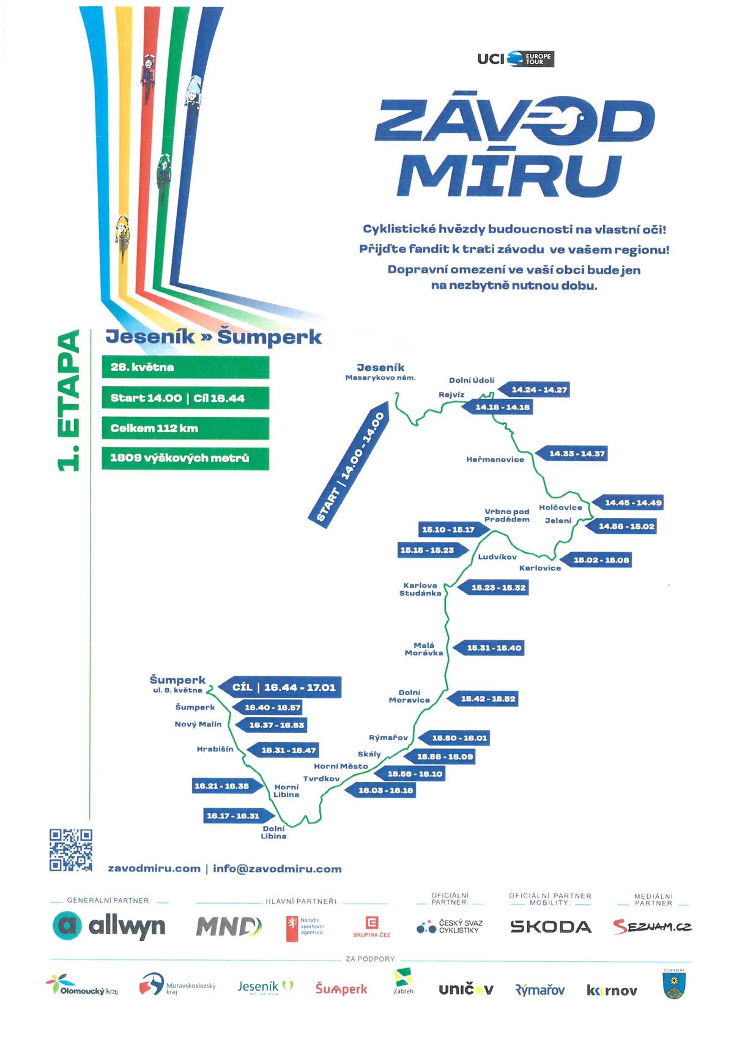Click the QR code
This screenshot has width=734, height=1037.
(x=71, y=849)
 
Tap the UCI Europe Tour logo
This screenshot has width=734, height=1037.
(x=515, y=59)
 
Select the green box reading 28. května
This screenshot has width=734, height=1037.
(x=185, y=367)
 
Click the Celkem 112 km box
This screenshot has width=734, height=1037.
(x=185, y=428)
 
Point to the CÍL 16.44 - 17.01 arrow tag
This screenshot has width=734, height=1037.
(x=280, y=687)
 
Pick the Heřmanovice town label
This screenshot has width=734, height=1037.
(x=495, y=460)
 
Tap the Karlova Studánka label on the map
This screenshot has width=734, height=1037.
(x=420, y=589)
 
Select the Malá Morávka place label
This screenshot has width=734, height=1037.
(x=424, y=649)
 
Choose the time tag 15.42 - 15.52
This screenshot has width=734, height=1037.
(x=483, y=699)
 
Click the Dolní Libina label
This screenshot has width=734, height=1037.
(x=273, y=833)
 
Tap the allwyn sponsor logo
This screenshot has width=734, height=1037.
(x=109, y=926)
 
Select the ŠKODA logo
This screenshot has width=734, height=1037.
(x=550, y=927)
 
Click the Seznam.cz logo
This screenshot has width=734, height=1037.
(x=652, y=927)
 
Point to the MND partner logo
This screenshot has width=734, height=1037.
(x=229, y=927)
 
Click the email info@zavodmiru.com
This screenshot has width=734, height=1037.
(x=277, y=869)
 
